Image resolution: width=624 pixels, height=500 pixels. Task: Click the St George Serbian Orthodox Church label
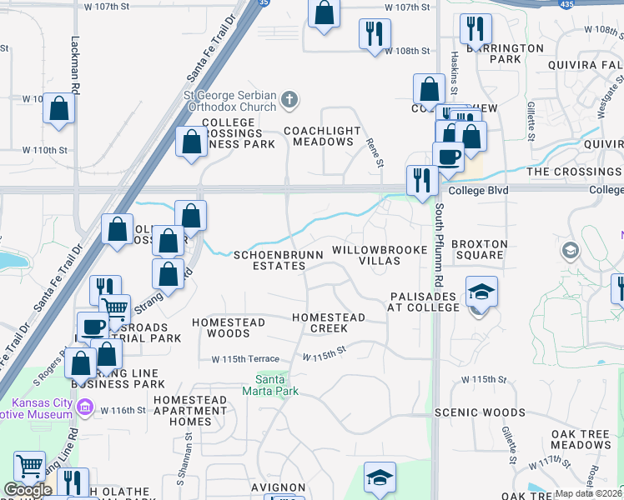pyautogui.click(x=229, y=101)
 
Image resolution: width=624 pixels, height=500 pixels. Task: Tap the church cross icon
pyautogui.click(x=289, y=101)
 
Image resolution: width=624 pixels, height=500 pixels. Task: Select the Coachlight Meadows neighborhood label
pyautogui.click(x=322, y=136)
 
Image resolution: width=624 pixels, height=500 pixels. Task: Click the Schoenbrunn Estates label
pyautogui.click(x=269, y=260)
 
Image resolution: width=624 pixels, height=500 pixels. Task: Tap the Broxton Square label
pyautogui.click(x=479, y=249)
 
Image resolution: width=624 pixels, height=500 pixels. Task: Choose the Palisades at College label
pyautogui.click(x=423, y=302)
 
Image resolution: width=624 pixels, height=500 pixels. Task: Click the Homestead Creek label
pyautogui.click(x=328, y=322)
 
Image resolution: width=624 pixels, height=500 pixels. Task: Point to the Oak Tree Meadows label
pyautogui.click(x=581, y=440)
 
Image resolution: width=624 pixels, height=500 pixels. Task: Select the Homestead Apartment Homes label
pyautogui.click(x=190, y=411)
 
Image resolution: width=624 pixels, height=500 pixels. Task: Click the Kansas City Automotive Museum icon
pyautogui.click(x=83, y=407)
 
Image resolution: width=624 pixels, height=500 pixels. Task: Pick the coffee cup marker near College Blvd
pyautogui.click(x=448, y=157)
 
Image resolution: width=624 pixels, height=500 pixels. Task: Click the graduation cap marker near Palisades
pyautogui.click(x=481, y=292)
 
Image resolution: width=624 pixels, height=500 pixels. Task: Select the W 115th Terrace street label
pyautogui.click(x=245, y=358)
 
